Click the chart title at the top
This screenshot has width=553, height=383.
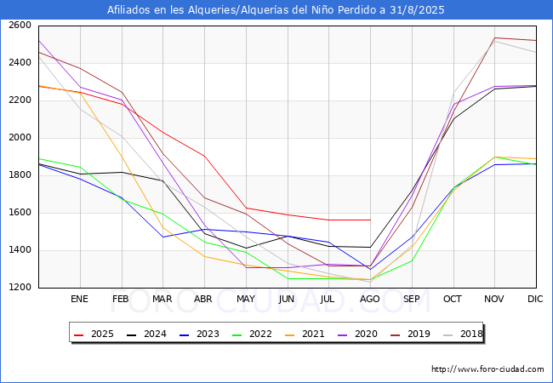(276, 10)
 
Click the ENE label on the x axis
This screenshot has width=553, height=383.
(80, 300)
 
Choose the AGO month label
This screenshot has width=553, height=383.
(370, 300)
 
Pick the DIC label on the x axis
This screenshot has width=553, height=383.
(535, 300)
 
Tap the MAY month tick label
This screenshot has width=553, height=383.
(246, 300)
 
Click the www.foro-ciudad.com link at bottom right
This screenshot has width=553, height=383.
(487, 369)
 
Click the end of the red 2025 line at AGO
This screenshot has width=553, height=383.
(370, 220)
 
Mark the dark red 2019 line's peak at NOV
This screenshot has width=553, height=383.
(494, 37)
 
